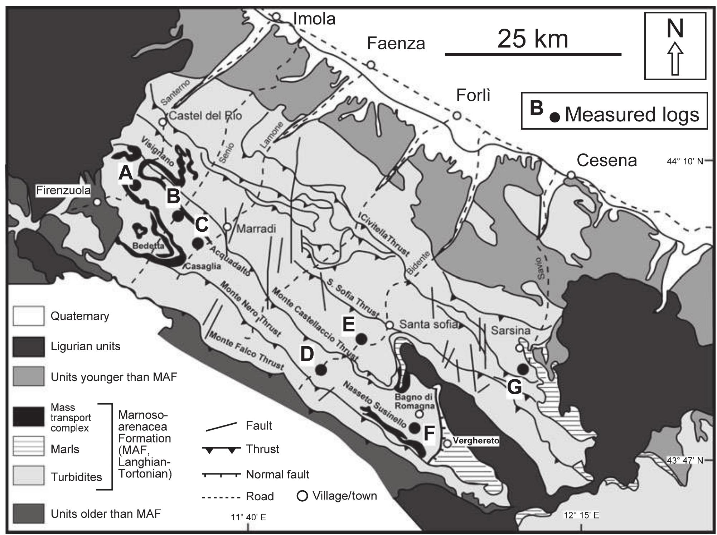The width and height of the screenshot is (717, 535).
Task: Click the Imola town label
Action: click(x=314, y=19)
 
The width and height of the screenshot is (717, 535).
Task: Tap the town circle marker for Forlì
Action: click(x=457, y=116)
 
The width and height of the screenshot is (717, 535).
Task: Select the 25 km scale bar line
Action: click(x=533, y=54)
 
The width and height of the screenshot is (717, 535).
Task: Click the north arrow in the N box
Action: click(x=675, y=59)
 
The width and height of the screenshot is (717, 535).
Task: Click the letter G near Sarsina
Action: click(x=514, y=387)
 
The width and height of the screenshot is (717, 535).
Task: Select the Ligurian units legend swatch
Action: click(x=29, y=346)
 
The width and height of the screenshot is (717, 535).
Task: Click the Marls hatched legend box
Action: click(x=29, y=446)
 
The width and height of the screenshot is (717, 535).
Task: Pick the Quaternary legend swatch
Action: click(x=29, y=316)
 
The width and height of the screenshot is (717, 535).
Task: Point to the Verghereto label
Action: click(x=476, y=440)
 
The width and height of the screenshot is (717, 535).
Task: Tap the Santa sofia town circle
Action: click(x=390, y=325)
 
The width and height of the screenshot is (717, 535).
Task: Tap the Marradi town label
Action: click(x=256, y=229)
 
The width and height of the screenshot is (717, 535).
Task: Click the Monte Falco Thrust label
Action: click(x=247, y=351)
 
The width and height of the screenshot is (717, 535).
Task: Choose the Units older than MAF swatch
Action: click(x=29, y=514)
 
